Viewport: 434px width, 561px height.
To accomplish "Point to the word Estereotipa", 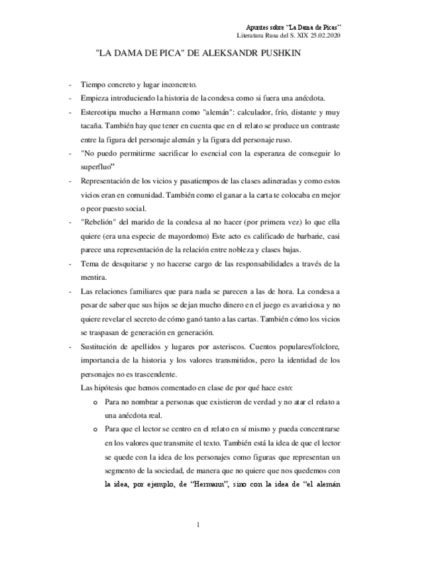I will click(102, 112).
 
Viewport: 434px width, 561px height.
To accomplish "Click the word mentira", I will click(94, 277).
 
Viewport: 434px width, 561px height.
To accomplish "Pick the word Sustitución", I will click(102, 346).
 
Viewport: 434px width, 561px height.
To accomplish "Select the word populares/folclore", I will click(303, 346).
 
